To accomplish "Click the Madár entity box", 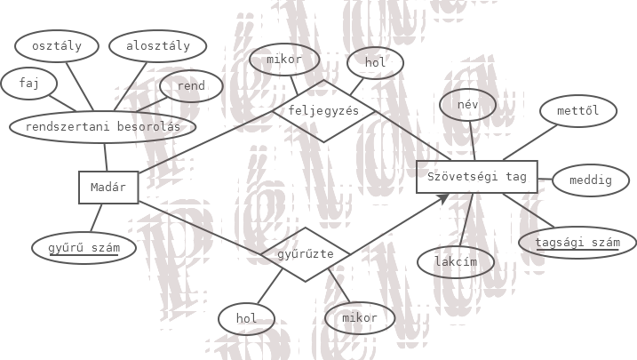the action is click(x=108, y=188).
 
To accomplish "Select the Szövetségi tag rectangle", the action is click(x=477, y=177).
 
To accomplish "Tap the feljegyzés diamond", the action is click(x=323, y=111).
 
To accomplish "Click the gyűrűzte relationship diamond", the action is click(x=306, y=254).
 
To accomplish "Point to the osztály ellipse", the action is click(x=57, y=46).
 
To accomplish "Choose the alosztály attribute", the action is click(x=157, y=46).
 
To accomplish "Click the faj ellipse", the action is click(x=29, y=84).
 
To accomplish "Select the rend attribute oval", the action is click(x=191, y=86).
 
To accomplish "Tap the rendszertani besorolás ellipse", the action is click(x=103, y=127).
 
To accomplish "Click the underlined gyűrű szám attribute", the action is click(x=84, y=248).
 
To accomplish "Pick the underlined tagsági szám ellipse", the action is click(x=577, y=243).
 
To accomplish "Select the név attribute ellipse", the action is click(x=467, y=105).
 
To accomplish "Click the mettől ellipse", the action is click(x=578, y=111).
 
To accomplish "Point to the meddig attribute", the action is click(x=591, y=180).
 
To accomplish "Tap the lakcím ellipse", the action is click(x=456, y=262).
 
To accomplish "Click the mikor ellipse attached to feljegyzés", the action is click(x=284, y=60).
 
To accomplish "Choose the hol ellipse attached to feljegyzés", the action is click(x=376, y=63).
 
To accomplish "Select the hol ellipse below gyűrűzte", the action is click(x=247, y=318).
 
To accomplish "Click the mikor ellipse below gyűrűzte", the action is click(x=360, y=317).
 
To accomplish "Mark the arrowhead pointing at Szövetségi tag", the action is click(x=442, y=198).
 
